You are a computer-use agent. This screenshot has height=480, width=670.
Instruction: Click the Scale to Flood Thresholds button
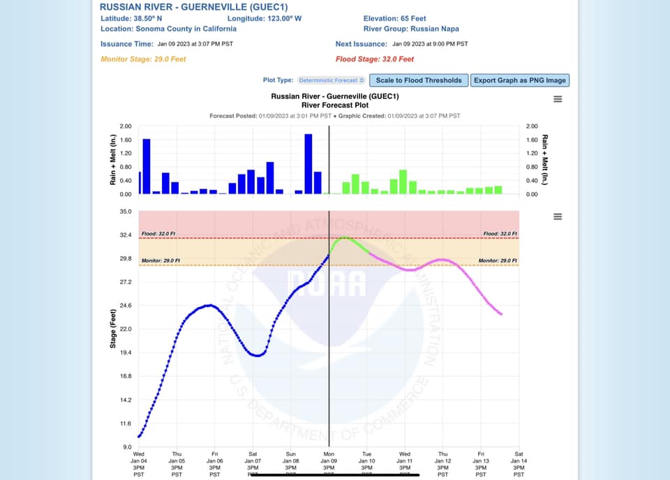(419, 80)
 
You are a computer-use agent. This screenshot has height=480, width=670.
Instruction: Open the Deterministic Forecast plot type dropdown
(332, 80)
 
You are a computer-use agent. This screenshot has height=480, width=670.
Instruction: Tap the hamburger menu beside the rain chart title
(558, 99)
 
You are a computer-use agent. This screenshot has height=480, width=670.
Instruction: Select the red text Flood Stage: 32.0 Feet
(375, 59)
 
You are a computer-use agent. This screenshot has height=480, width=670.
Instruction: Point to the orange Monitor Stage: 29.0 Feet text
(143, 59)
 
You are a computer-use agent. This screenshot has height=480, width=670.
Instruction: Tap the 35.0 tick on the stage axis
(126, 211)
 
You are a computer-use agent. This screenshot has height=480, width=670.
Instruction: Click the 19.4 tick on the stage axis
(126, 352)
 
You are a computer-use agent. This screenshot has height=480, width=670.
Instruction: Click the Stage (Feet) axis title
(112, 328)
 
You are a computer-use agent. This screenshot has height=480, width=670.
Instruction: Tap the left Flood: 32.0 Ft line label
(158, 234)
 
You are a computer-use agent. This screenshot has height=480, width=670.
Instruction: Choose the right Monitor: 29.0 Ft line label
(498, 260)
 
